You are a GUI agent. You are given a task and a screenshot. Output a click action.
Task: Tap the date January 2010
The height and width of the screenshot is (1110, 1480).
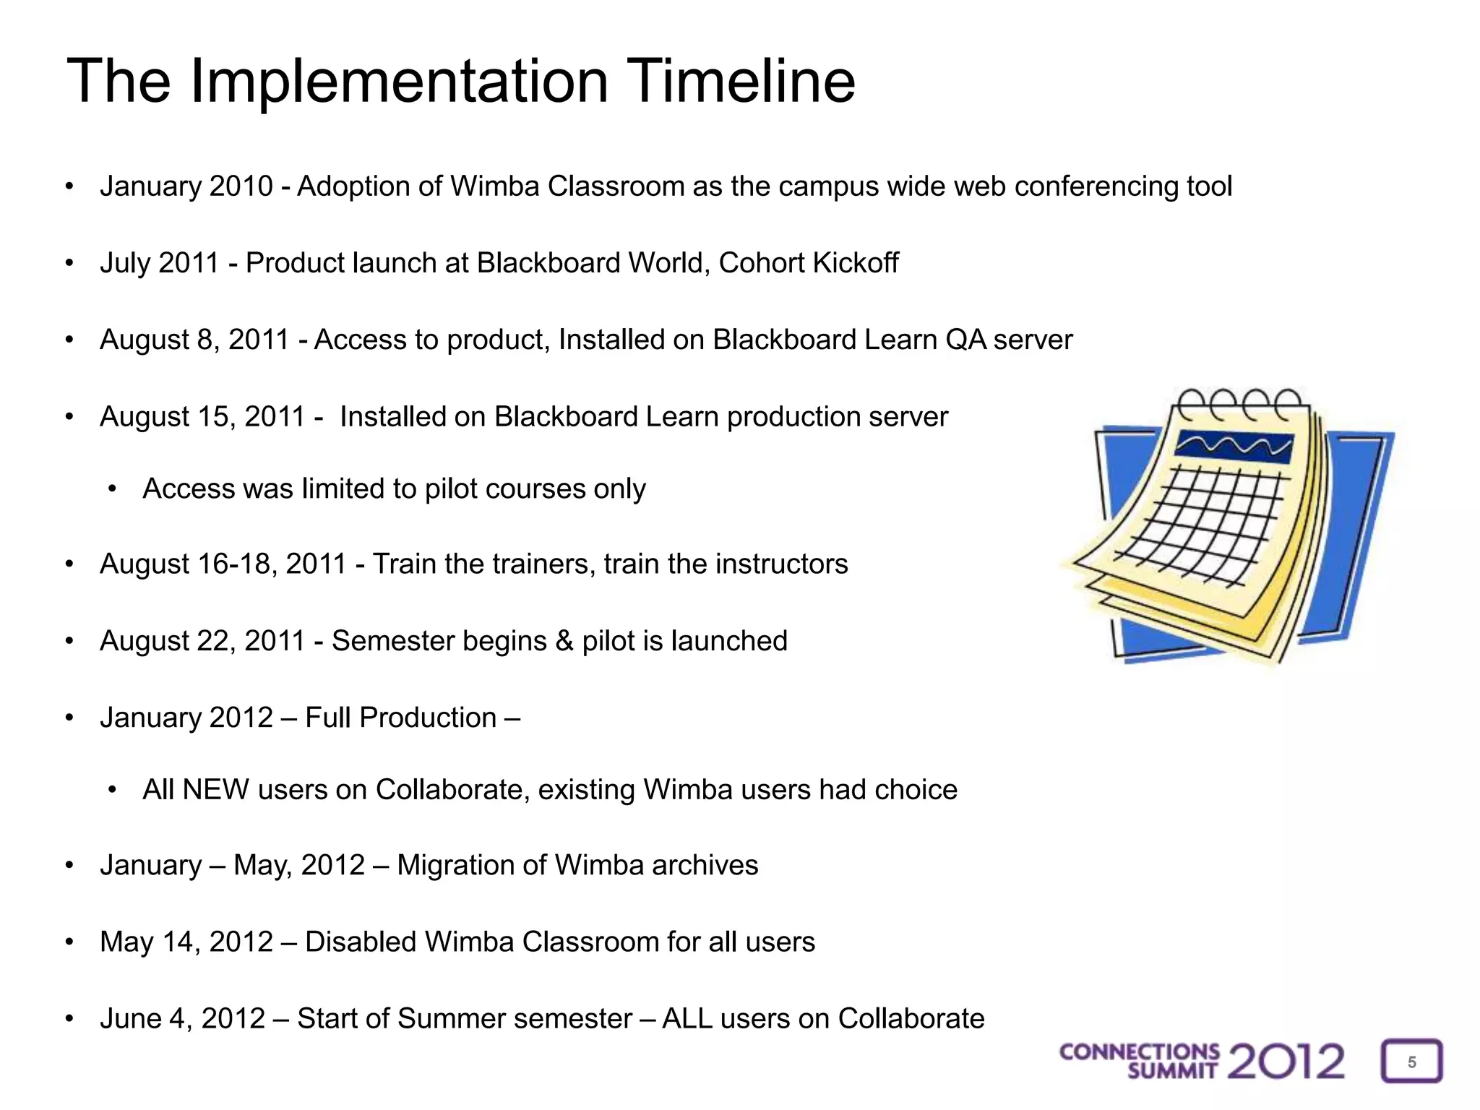pos(186,186)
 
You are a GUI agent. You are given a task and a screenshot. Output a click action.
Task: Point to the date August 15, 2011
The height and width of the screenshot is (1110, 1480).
pos(202,417)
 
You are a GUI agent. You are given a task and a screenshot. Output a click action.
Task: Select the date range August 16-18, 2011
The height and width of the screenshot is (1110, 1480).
pos(223,564)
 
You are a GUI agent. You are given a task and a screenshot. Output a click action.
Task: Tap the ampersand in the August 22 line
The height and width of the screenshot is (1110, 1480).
pos(564,642)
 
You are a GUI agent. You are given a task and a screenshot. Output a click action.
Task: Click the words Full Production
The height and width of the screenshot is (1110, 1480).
pos(400,718)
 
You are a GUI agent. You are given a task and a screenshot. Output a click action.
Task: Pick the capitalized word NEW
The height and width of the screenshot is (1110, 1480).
pos(215,790)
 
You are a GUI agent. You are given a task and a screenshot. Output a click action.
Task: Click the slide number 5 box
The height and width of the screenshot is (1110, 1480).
pos(1411,1062)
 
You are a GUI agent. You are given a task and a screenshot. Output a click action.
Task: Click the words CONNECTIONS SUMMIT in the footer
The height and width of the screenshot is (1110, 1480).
pos(1140,1062)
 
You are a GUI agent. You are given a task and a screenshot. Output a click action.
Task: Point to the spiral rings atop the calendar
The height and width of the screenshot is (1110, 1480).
pos(1239,405)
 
